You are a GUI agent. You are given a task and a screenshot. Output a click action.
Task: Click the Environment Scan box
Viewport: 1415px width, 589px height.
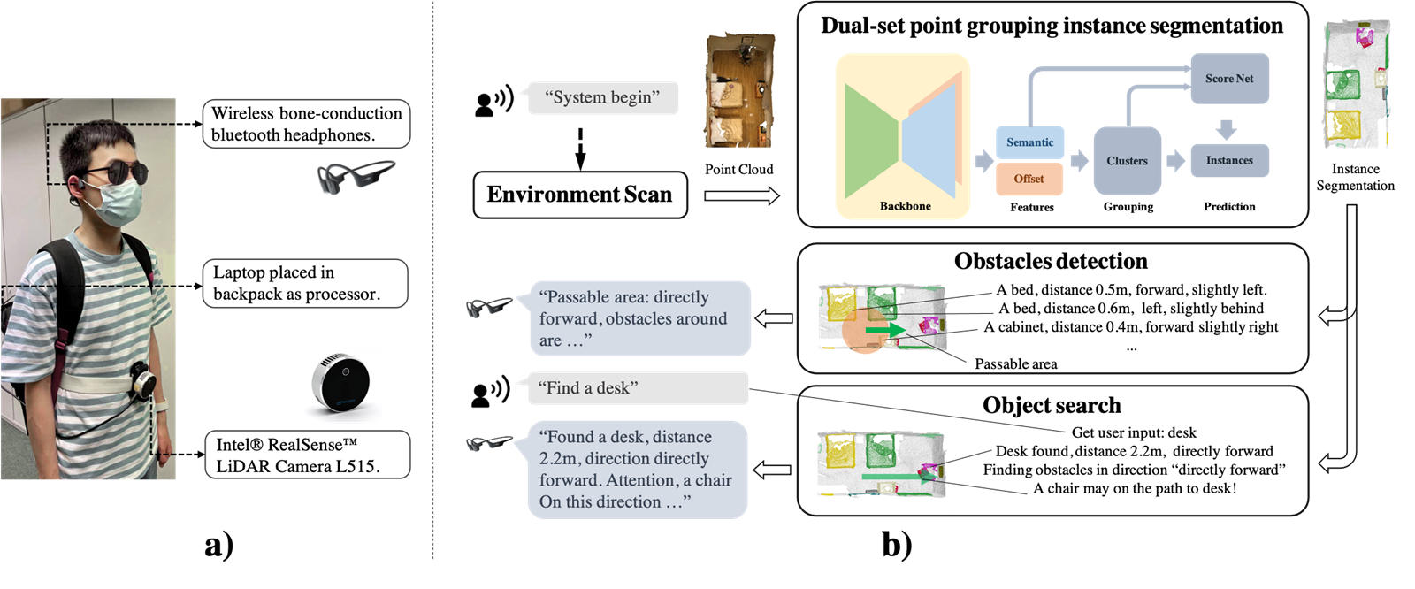pyautogui.click(x=580, y=195)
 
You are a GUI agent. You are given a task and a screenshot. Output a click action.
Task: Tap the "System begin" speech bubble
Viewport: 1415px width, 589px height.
pyautogui.click(x=602, y=97)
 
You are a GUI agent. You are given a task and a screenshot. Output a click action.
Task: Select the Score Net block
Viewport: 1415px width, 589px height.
pyautogui.click(x=1229, y=79)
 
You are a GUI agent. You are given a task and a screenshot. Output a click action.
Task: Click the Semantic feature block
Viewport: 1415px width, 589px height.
pyautogui.click(x=1029, y=142)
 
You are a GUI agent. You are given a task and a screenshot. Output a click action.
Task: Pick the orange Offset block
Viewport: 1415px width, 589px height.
pyautogui.click(x=1029, y=179)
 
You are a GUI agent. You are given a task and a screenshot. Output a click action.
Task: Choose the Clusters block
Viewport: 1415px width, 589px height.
pyautogui.click(x=1127, y=161)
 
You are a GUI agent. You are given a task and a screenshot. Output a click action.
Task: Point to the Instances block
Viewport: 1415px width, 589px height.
pyautogui.click(x=1229, y=160)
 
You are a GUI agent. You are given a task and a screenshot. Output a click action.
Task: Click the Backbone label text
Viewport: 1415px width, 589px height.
pyautogui.click(x=905, y=206)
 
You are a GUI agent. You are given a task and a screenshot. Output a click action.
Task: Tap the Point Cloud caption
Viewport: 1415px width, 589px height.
pyautogui.click(x=738, y=169)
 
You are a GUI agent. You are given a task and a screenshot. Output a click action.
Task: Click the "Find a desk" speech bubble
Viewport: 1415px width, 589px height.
pyautogui.click(x=637, y=388)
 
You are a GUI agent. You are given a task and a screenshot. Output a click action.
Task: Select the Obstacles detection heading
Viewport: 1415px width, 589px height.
pyautogui.click(x=1051, y=261)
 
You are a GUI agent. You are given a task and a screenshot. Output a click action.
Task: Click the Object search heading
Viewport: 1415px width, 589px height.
pyautogui.click(x=1052, y=405)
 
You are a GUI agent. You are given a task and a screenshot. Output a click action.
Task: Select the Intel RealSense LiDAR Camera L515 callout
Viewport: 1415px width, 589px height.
pyautogui.click(x=307, y=455)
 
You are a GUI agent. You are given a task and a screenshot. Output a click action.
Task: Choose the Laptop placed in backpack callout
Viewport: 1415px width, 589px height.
pyautogui.click(x=305, y=283)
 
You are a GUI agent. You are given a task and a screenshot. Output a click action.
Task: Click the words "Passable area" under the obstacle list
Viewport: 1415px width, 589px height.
pyautogui.click(x=1015, y=363)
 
